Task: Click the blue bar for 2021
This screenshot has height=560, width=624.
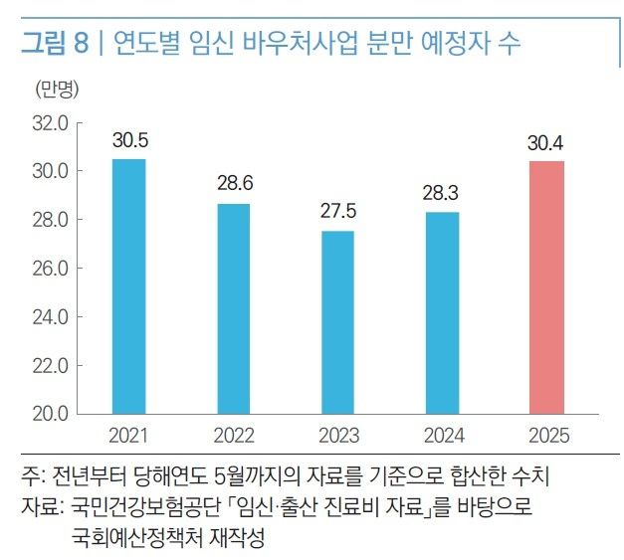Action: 128,285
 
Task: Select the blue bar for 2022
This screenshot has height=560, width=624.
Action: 233,307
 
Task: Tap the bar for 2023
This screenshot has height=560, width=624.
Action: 337,321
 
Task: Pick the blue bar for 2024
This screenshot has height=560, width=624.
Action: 442,311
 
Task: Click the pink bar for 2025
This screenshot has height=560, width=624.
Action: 546,286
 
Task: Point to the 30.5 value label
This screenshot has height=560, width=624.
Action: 128,140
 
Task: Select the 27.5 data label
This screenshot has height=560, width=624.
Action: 337,212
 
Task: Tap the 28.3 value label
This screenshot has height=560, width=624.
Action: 442,193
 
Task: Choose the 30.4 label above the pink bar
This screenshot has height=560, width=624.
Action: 546,142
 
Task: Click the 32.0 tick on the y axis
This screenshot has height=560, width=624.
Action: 50,123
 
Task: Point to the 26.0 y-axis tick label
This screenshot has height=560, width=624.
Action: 50,269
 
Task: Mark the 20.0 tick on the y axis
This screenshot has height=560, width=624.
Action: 50,413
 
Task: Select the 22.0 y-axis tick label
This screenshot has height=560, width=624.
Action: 50,365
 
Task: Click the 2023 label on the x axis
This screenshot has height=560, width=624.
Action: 337,436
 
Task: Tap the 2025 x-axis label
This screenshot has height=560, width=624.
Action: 546,436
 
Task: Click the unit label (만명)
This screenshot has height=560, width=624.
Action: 57,90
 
